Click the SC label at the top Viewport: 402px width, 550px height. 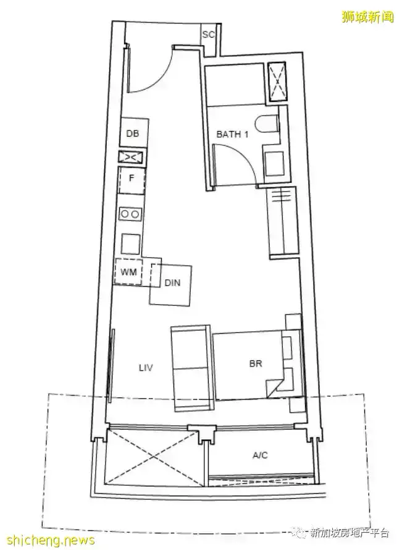[208, 35]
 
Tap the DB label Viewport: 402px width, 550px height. [133, 133]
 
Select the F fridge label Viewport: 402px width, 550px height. [132, 178]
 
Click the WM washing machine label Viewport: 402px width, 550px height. [128, 272]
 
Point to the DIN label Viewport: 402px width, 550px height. [172, 282]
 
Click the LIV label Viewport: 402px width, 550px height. [146, 368]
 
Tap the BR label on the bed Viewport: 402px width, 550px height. [256, 364]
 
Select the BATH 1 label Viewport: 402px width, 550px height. [232, 134]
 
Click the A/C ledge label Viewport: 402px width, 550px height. [260, 455]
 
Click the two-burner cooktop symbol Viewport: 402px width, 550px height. [130, 214]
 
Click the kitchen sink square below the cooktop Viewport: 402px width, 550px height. [130, 243]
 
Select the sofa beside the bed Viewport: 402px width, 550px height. [191, 368]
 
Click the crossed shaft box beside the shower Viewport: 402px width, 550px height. [277, 82]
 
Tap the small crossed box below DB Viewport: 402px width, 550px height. [131, 157]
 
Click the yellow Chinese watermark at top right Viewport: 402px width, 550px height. [367, 17]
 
